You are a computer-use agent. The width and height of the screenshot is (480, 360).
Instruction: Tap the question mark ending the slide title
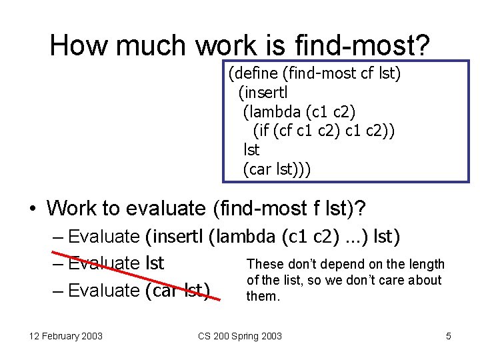click(421, 45)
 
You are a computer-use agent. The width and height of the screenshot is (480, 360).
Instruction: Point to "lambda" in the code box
click(273, 111)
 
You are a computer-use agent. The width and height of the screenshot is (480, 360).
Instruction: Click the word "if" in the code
click(265, 130)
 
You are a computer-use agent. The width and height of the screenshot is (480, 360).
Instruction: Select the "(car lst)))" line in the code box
click(277, 169)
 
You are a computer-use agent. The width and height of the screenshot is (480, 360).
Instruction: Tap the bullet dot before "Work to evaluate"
click(32, 209)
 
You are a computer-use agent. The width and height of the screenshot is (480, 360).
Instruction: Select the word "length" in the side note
click(427, 264)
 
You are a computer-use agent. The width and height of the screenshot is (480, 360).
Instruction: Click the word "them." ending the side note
click(263, 295)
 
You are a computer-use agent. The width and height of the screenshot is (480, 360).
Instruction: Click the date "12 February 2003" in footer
click(65, 336)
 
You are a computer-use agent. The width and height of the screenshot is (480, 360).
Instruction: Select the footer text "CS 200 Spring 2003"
click(240, 336)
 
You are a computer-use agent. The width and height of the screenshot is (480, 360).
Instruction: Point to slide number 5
click(449, 336)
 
